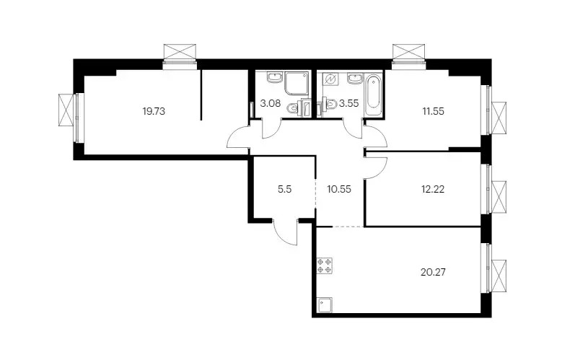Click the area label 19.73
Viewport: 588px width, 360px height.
(x=154, y=111)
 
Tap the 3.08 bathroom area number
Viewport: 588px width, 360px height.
(x=271, y=103)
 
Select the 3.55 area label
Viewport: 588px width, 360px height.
(x=348, y=103)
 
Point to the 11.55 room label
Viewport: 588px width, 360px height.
(x=433, y=111)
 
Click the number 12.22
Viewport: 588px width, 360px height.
(x=433, y=189)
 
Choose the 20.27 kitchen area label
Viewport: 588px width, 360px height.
(x=433, y=272)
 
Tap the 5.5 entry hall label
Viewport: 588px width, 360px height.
(x=285, y=189)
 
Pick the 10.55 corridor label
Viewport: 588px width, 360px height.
(x=339, y=189)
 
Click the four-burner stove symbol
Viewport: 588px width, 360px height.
(x=325, y=265)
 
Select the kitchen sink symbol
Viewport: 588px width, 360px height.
(x=325, y=305)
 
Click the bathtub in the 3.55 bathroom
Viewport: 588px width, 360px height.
(x=374, y=94)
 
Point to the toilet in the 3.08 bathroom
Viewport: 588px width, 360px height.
(x=292, y=109)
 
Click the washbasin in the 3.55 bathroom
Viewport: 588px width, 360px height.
(x=355, y=79)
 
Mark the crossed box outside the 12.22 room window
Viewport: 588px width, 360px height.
(x=499, y=197)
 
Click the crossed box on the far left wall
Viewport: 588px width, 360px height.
(x=66, y=110)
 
